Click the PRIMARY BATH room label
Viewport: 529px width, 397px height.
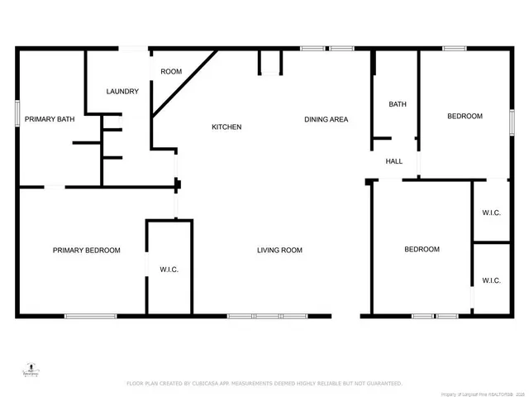[50, 119]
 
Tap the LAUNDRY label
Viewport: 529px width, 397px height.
[122, 91]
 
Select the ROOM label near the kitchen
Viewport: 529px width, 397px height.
[171, 72]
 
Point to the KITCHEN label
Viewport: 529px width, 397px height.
[226, 127]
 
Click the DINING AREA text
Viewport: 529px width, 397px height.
[326, 119]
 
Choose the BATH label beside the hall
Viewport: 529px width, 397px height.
[398, 104]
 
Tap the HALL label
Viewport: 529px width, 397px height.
[394, 161]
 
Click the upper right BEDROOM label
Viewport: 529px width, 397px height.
[465, 117]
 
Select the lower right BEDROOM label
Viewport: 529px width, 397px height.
[422, 249]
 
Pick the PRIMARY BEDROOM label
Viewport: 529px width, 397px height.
[87, 251]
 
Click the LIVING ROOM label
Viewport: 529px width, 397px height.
[279, 251]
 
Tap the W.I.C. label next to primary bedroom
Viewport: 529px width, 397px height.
[169, 270]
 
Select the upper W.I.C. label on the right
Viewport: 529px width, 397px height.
[491, 213]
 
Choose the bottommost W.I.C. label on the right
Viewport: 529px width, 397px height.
[491, 280]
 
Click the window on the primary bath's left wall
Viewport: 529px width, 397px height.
[17, 113]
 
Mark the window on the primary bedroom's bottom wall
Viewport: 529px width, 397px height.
[90, 316]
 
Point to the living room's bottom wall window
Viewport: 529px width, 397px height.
[267, 316]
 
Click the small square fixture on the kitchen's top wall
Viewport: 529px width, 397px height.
[270, 63]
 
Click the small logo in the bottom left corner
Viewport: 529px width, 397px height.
[31, 370]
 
